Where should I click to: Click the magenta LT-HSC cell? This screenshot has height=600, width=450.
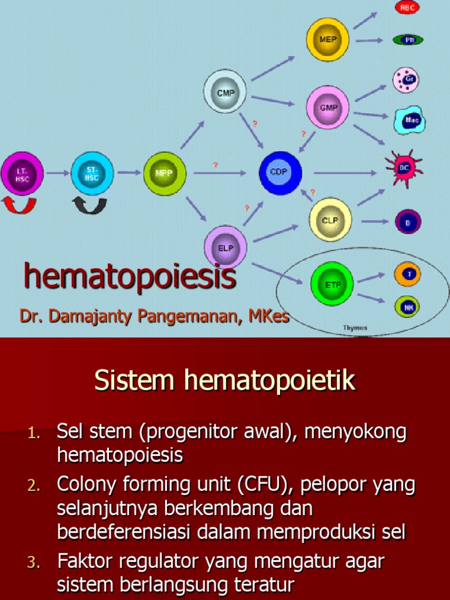click(22, 173)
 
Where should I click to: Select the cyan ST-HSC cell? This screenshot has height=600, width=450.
click(92, 173)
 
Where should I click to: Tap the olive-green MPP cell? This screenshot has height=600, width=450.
click(165, 173)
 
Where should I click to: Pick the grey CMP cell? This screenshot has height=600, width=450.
click(225, 91)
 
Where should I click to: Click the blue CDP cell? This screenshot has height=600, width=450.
click(281, 173)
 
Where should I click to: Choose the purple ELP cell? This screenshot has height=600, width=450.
click(226, 247)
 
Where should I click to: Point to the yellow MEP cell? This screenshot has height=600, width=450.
click(328, 39)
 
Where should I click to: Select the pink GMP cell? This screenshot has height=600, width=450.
click(328, 107)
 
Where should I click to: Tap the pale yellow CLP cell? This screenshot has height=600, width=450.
click(330, 219)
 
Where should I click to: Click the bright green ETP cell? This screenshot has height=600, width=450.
click(332, 284)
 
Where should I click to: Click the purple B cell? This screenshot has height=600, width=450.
click(408, 221)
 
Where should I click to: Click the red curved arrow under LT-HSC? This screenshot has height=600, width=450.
click(19, 206)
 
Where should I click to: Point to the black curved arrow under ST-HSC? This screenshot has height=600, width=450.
click(90, 206)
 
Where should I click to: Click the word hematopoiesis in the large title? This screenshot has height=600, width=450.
click(129, 277)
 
